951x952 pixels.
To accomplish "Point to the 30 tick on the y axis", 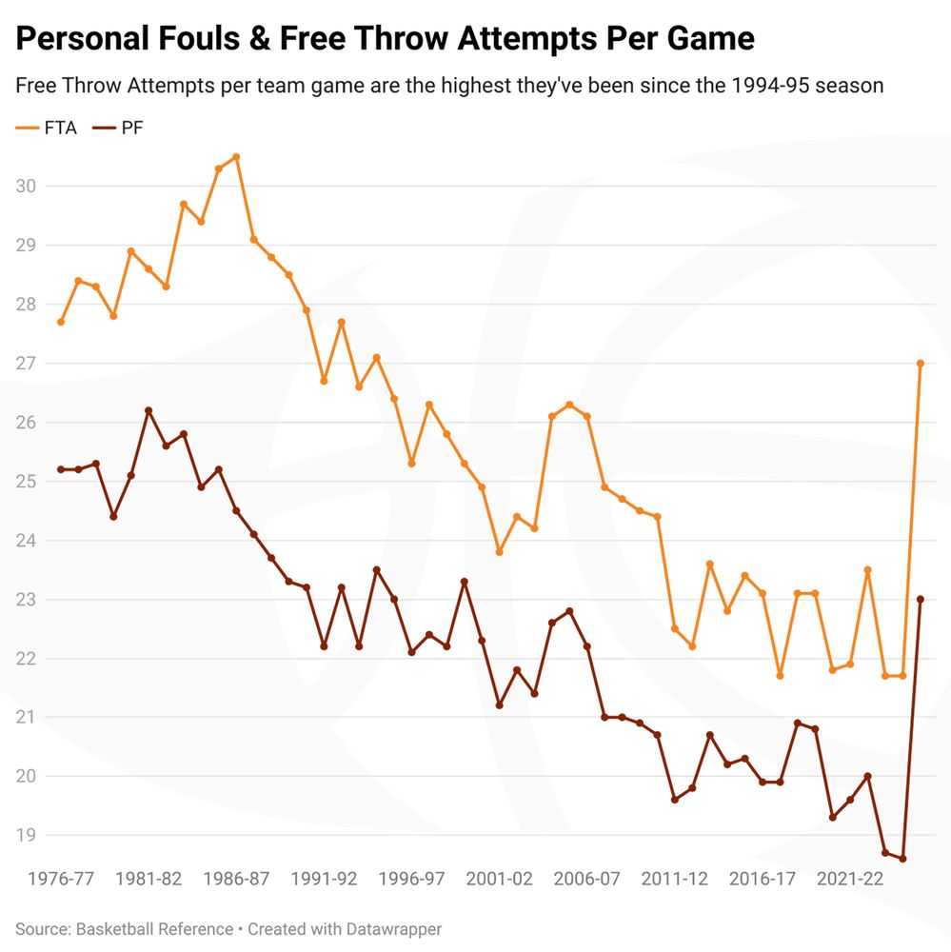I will pyautogui.click(x=26, y=187).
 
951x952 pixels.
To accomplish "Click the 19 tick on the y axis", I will pyautogui.click(x=26, y=836).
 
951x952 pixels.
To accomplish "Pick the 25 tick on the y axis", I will pyautogui.click(x=26, y=482).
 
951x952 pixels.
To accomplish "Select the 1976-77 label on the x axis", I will pyautogui.click(x=61, y=879).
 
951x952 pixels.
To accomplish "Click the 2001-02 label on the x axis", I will pyautogui.click(x=499, y=879).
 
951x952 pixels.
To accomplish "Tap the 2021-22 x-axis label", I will pyautogui.click(x=850, y=879).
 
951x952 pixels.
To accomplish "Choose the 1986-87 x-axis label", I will pyautogui.click(x=236, y=879).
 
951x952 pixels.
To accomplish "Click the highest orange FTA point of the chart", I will pyautogui.click(x=236, y=157).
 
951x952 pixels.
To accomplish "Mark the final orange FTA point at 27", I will pyautogui.click(x=921, y=364).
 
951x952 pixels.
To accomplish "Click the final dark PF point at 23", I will pyautogui.click(x=921, y=600).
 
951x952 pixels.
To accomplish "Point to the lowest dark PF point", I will pyautogui.click(x=902, y=859).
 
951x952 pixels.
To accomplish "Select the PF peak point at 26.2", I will pyautogui.click(x=149, y=410).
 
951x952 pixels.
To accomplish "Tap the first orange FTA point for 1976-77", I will pyautogui.click(x=61, y=322).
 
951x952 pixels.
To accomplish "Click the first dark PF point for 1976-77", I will pyautogui.click(x=61, y=469).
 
